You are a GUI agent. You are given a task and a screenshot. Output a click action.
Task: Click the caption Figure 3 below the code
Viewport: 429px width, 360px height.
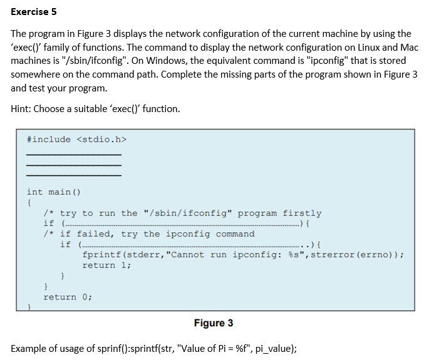[214, 323]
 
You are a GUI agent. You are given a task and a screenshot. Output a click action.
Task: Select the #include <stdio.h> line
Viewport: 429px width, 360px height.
[73, 139]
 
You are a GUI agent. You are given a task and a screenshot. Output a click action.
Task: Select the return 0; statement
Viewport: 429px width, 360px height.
[68, 297]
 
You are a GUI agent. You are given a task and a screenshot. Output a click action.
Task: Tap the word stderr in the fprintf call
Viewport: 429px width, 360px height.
[144, 255]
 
